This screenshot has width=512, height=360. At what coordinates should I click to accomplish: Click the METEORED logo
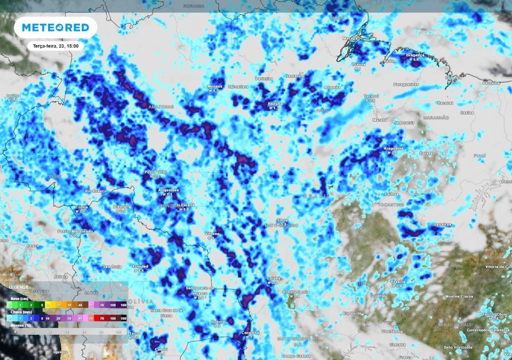[55, 27]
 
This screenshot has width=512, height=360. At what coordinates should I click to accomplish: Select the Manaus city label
[215, 86]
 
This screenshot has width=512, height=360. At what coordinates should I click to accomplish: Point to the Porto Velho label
[155, 172]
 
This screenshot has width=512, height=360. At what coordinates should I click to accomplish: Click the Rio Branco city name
[95, 191]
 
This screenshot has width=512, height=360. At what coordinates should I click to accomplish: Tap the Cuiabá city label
[272, 278]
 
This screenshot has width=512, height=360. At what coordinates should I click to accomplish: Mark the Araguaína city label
[388, 148]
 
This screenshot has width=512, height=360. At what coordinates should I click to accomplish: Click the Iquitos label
[12, 95]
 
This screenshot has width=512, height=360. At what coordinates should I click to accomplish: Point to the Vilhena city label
[212, 233]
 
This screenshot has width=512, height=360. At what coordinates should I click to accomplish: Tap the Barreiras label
[442, 224]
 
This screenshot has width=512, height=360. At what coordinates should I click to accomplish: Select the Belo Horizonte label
[457, 347]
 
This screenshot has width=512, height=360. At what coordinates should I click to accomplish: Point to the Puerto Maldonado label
[75, 231]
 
